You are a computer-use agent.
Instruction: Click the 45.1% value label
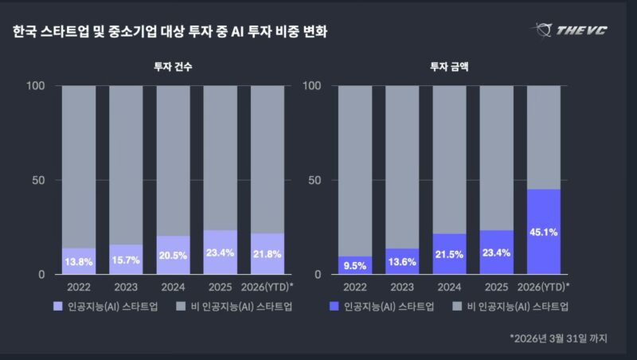[543, 233]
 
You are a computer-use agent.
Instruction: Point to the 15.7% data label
[126, 260]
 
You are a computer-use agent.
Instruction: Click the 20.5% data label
[173, 256]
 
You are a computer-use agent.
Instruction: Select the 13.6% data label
[402, 260]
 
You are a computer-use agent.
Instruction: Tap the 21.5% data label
[449, 253]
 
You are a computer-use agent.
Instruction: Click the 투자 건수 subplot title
[173, 68]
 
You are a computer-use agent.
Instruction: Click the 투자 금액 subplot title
[449, 68]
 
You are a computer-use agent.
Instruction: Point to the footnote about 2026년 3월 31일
[559, 338]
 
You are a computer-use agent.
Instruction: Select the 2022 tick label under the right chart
[355, 287]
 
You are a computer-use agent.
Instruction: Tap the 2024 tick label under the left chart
[173, 287]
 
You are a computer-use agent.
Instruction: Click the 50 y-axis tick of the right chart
[315, 181]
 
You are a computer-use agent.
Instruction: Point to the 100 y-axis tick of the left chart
[36, 86]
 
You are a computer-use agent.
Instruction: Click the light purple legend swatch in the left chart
[58, 306]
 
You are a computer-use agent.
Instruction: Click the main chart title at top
[170, 32]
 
